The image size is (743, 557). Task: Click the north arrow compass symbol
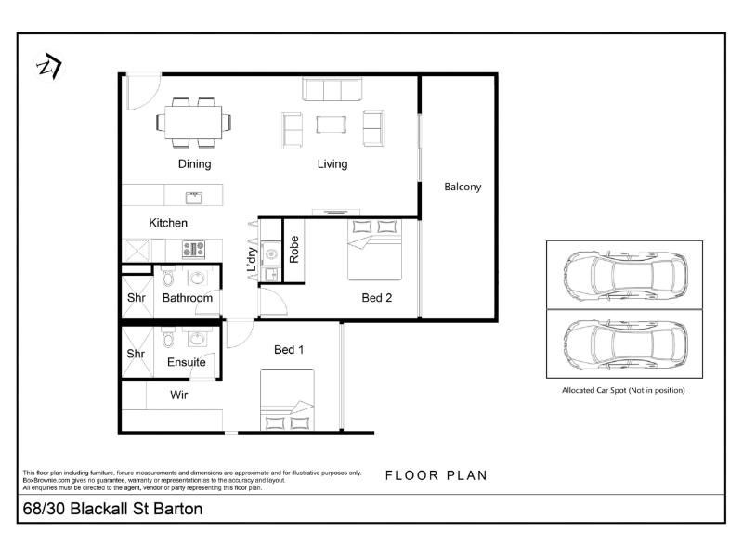coord(49,66)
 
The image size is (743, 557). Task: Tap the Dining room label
coord(194,164)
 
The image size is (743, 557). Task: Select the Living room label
coord(332,164)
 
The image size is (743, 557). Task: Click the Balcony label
coord(463,187)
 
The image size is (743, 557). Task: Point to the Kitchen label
coord(168,223)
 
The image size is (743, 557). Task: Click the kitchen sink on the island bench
coord(194,198)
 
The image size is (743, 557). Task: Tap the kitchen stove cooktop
coord(194,249)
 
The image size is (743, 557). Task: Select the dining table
coord(193,123)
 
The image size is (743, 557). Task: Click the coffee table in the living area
coord(332,124)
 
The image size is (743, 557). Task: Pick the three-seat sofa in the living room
coord(332,89)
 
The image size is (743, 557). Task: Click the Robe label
coord(294,250)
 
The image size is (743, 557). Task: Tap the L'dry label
coord(252,259)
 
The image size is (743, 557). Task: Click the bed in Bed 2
coord(375,249)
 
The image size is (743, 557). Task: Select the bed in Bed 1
coord(287,400)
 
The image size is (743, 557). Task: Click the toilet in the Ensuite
coord(168,339)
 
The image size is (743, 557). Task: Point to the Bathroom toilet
coord(168,277)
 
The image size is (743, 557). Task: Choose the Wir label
coord(178,395)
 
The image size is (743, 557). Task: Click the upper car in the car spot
coord(625,275)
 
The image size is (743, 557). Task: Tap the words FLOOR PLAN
coord(436,475)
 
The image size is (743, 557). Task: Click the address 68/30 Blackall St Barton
coord(112,509)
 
